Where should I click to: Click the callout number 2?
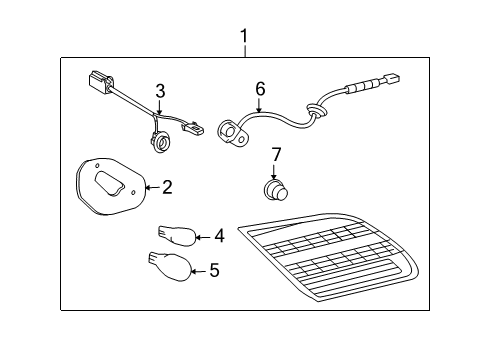coord(167,186)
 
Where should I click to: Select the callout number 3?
coord(159,93)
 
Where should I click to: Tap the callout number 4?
coord(219,237)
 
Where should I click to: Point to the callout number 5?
coord(212,270)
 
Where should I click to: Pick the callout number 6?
coord(260,89)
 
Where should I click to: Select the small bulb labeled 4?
coord(175,236)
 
